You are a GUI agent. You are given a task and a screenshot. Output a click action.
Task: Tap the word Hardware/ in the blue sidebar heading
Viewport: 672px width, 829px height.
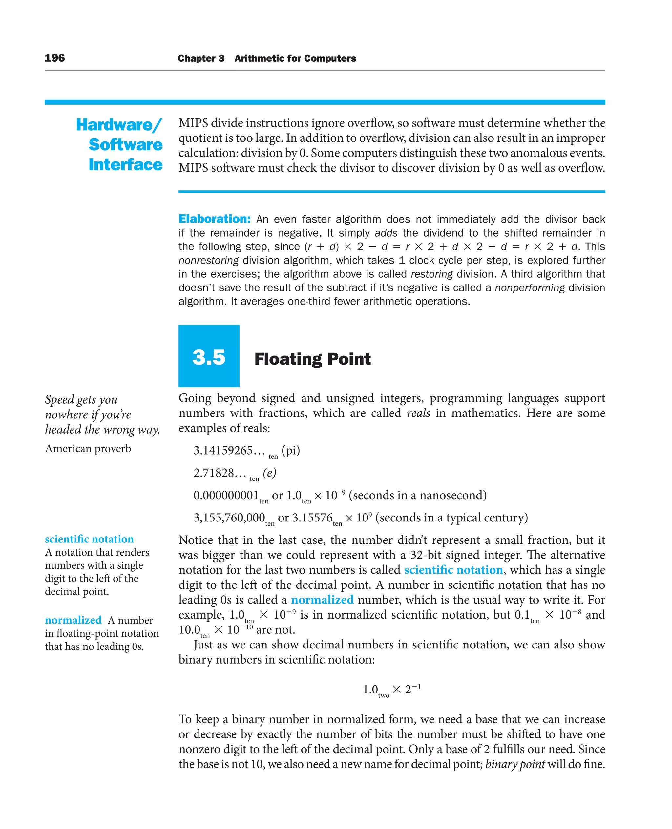(119, 125)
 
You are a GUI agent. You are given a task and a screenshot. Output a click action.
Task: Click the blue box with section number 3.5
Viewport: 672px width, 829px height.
(209, 356)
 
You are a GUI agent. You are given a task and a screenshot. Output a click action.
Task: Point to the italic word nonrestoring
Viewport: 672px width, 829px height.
(209, 260)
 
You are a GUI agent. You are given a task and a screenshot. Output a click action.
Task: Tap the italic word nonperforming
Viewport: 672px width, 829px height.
(530, 288)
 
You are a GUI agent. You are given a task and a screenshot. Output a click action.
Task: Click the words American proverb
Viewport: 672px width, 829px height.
(88, 448)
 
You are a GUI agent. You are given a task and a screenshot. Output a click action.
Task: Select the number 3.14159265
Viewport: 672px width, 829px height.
(223, 450)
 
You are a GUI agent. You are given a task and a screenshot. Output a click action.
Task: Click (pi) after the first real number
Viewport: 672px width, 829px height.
(291, 450)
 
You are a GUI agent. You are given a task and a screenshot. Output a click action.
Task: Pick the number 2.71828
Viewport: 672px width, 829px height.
(214, 473)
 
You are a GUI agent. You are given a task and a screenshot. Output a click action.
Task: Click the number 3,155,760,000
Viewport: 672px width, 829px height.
(229, 518)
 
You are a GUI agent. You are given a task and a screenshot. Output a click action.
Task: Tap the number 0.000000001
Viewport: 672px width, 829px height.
(226, 495)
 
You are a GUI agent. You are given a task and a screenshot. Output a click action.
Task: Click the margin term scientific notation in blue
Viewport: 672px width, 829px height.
(89, 539)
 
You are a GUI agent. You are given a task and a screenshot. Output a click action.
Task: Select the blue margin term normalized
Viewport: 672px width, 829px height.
(73, 620)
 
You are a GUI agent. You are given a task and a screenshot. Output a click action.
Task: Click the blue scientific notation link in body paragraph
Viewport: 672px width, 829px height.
(453, 570)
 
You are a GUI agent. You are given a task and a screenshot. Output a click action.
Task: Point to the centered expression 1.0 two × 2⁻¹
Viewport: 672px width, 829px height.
(391, 690)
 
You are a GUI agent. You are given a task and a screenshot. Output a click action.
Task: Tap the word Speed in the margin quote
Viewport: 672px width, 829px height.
(59, 400)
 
